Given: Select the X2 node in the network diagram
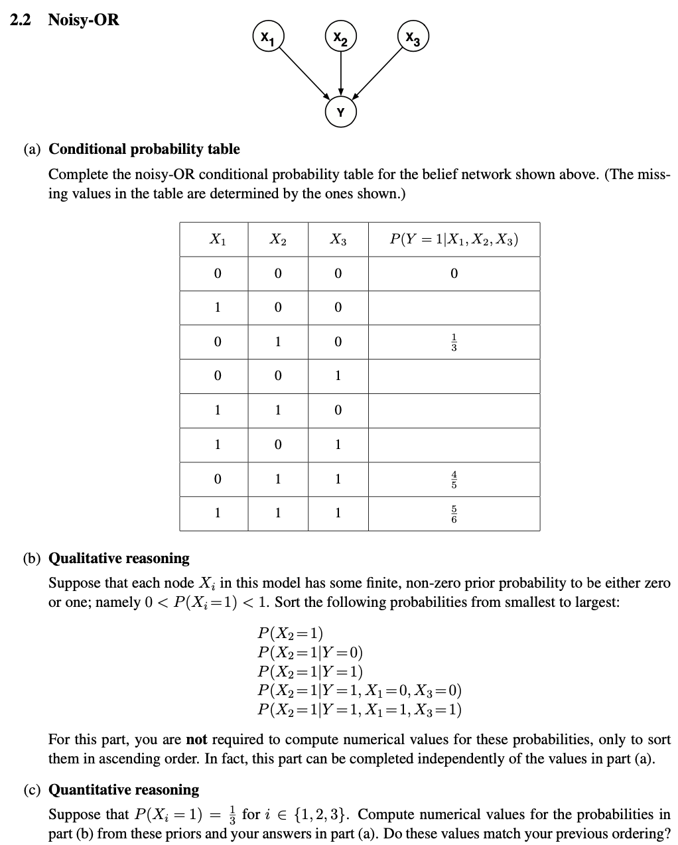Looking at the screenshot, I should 340,35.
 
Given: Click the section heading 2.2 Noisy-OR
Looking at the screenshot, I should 65,20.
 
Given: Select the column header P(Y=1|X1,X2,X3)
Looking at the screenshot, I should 454,239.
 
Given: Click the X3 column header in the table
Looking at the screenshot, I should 338,240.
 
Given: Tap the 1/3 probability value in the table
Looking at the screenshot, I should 454,342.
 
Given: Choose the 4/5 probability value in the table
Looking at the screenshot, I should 454,479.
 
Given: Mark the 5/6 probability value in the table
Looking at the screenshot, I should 454,513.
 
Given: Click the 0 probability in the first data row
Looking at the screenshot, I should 454,273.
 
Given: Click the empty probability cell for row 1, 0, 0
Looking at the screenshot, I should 454,308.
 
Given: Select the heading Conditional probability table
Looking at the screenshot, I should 145,149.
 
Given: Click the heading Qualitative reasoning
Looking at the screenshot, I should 119,558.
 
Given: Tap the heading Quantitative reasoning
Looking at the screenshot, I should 124,790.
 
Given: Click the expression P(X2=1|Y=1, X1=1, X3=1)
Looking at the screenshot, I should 360,710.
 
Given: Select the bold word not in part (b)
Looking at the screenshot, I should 197,740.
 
